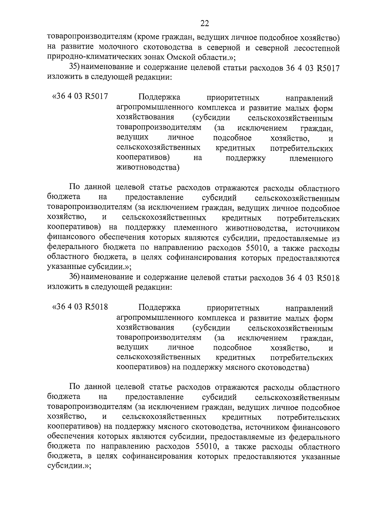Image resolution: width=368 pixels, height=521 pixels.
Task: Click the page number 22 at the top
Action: point(205,23)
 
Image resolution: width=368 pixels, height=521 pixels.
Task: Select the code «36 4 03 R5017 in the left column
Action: point(80,97)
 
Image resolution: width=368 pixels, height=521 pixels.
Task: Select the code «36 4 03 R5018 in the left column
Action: point(80,307)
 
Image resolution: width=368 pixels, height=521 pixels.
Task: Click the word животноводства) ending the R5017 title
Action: point(148,168)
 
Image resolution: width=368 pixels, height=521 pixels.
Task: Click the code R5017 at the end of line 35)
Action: point(327,68)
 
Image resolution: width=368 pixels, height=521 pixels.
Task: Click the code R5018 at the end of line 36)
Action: point(327,278)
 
